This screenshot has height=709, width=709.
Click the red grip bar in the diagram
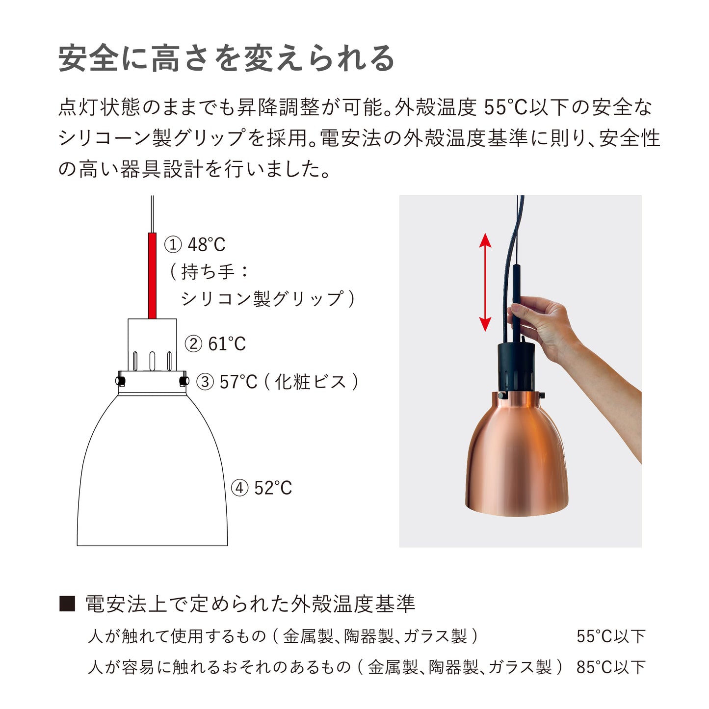click(x=152, y=276)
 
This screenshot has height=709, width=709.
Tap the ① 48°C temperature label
click(x=195, y=245)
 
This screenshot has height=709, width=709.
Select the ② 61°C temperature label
click(x=215, y=344)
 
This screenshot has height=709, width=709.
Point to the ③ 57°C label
click(x=227, y=382)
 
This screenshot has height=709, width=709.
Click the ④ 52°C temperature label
click(x=261, y=488)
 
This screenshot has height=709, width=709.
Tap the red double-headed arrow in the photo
click(x=485, y=282)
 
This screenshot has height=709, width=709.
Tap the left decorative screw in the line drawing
click(x=120, y=380)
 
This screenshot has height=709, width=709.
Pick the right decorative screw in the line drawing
click(x=184, y=380)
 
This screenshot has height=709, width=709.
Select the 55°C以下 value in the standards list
click(x=611, y=636)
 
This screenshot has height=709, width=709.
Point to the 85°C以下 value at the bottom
click(x=611, y=667)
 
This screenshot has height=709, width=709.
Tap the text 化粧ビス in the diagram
click(x=311, y=382)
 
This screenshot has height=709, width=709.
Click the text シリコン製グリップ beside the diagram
click(x=263, y=298)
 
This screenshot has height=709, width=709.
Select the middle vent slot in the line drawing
click(x=152, y=361)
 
